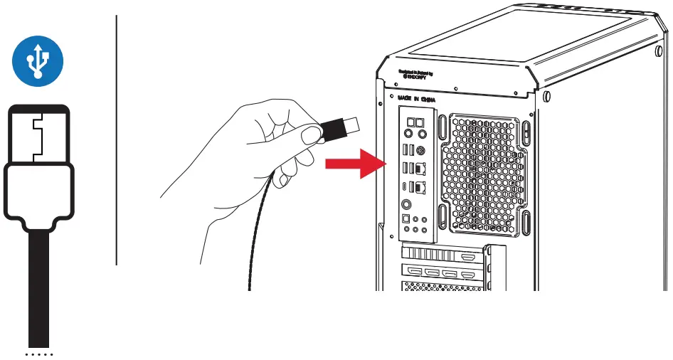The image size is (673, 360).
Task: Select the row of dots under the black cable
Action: click(x=39, y=353)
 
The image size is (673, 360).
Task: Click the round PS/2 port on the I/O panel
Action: click(x=420, y=150)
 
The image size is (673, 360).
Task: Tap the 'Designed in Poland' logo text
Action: click(x=415, y=74)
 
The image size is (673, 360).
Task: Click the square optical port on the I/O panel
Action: click(x=406, y=218)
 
